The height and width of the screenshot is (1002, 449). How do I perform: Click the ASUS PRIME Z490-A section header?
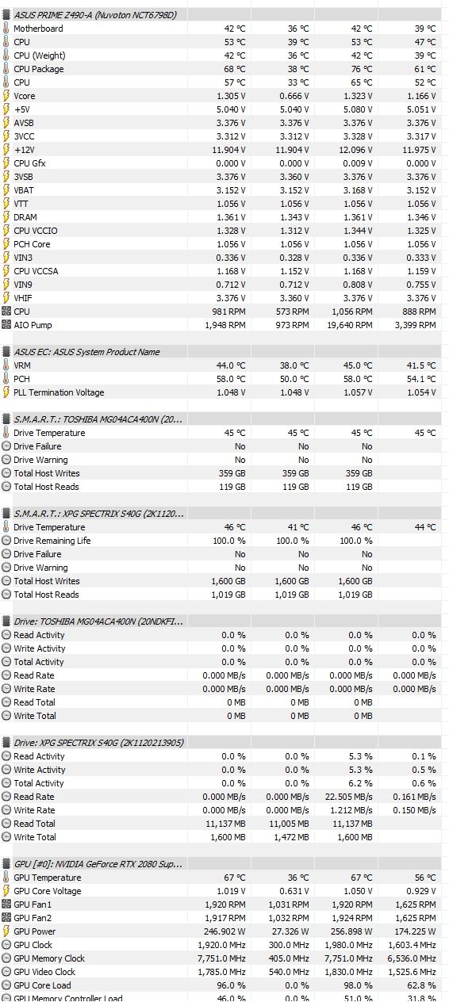pyautogui.click(x=95, y=15)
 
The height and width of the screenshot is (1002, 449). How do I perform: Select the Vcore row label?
pyautogui.click(x=24, y=96)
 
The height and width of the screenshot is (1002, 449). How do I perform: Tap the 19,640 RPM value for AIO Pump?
pyautogui.click(x=350, y=325)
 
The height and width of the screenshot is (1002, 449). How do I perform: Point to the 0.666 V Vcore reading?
pyautogui.click(x=294, y=96)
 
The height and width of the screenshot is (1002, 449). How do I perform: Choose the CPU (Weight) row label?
pyautogui.click(x=40, y=56)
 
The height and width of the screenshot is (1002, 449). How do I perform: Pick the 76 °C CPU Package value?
pyautogui.click(x=361, y=69)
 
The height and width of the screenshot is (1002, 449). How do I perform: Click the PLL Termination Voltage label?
pyautogui.click(x=59, y=392)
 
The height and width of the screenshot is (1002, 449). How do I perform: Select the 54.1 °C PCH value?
pyautogui.click(x=420, y=380)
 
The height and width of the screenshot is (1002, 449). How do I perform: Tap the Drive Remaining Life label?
pyautogui.click(x=52, y=541)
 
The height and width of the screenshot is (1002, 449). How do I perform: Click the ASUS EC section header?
pyautogui.click(x=86, y=352)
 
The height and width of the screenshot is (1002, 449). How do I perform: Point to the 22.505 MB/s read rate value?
pyautogui.click(x=349, y=797)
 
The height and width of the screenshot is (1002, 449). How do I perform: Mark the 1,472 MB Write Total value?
pyautogui.click(x=291, y=837)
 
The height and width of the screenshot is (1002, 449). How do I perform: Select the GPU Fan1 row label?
pyautogui.click(x=33, y=905)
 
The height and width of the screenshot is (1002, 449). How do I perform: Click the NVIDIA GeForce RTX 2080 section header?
pyautogui.click(x=98, y=864)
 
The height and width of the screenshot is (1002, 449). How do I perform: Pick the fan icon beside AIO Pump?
pyautogui.click(x=6, y=325)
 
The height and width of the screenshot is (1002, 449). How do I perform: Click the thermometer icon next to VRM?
pyautogui.click(x=6, y=365)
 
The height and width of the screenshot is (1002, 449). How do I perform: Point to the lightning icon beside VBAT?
pyautogui.click(x=6, y=190)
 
